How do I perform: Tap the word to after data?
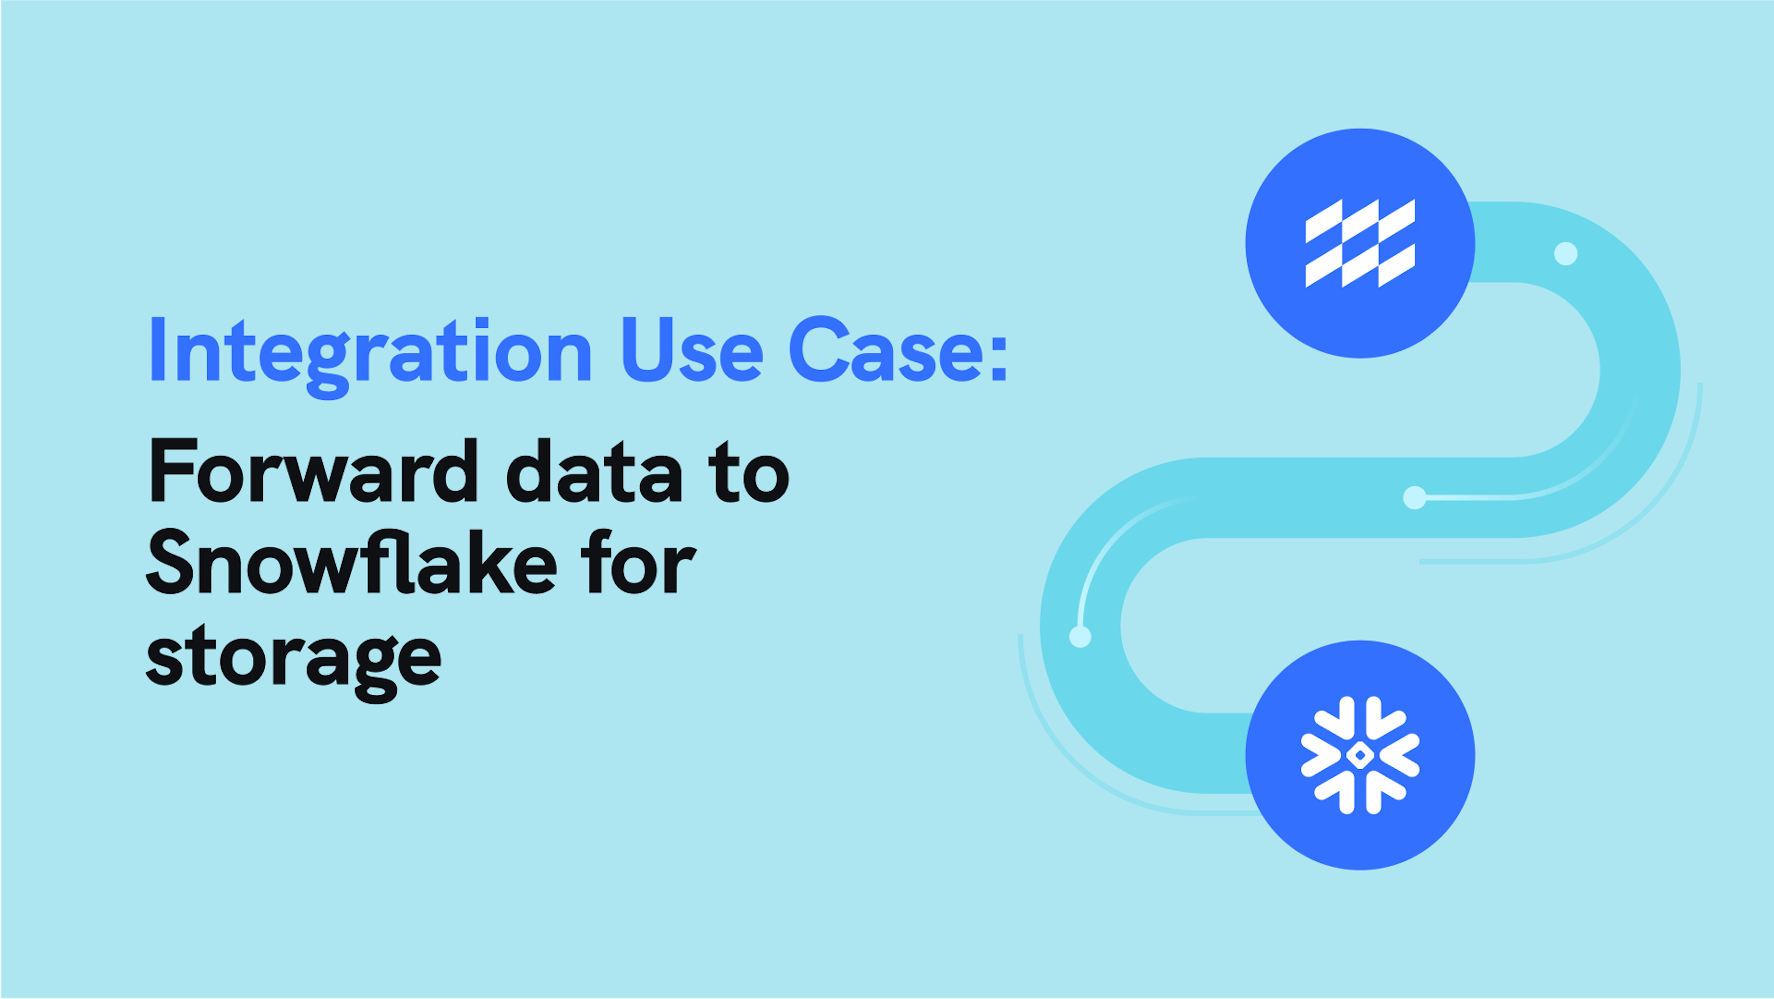coord(751,472)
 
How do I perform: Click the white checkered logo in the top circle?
coord(1360,243)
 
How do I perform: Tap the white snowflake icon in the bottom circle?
coord(1360,755)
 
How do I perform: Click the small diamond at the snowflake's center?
coord(1360,755)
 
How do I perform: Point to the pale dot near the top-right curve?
coord(1566,253)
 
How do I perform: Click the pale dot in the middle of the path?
coord(1415,497)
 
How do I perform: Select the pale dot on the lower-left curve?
coord(1080,636)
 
